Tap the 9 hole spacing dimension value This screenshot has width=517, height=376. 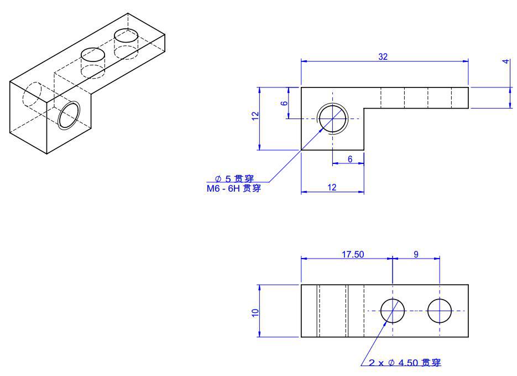pyautogui.click(x=416, y=254)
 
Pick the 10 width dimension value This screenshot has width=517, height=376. pyautogui.click(x=255, y=312)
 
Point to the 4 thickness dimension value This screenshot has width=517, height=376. pyautogui.click(x=505, y=61)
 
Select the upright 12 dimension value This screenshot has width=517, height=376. pyautogui.click(x=332, y=188)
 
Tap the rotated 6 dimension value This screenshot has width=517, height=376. pyautogui.click(x=284, y=103)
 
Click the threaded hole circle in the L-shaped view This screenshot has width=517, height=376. pyautogui.click(x=332, y=119)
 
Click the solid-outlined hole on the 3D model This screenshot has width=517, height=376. pyautogui.click(x=70, y=115)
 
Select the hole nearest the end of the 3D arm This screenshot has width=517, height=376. pyautogui.click(x=126, y=37)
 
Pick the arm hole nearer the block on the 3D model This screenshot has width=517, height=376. pyautogui.click(x=92, y=55)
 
